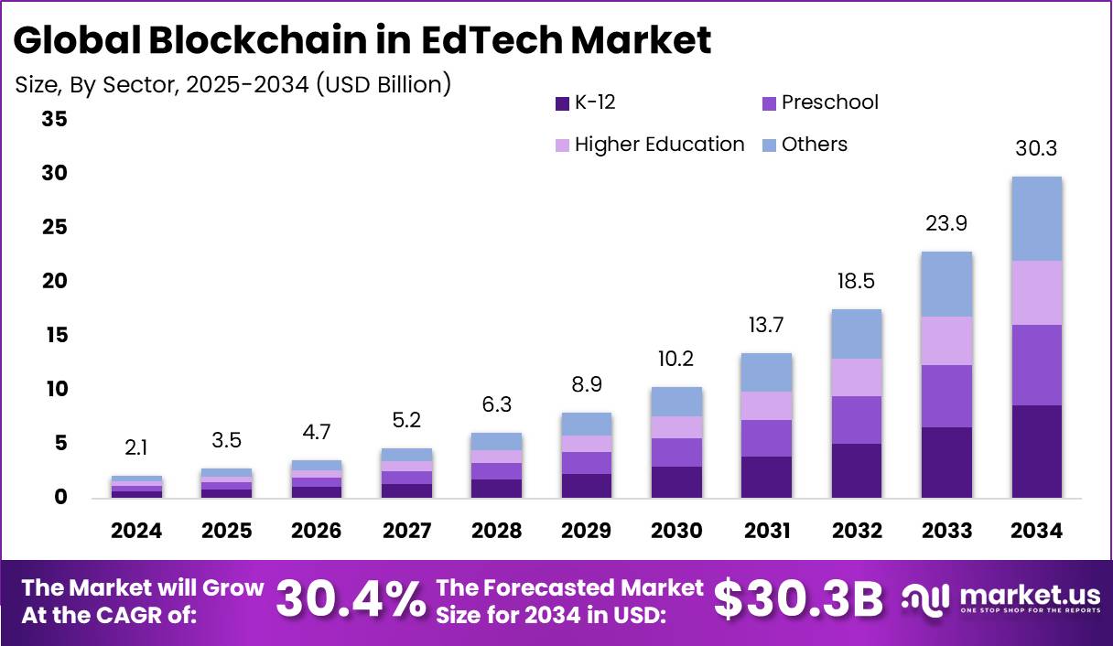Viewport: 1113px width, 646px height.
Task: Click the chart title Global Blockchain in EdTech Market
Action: (x=362, y=40)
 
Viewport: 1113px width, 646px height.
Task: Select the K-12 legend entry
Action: (x=586, y=102)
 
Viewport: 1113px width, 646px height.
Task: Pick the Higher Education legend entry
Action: (x=650, y=145)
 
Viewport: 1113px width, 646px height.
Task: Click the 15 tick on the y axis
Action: (x=55, y=335)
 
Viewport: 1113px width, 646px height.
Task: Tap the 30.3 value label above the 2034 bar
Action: (x=1036, y=148)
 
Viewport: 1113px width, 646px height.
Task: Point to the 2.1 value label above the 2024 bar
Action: (x=136, y=447)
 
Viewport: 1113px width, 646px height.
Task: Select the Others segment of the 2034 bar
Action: (x=1036, y=219)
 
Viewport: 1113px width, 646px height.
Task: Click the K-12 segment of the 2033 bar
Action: (x=947, y=462)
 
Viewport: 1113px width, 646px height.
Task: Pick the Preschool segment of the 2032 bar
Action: (x=857, y=420)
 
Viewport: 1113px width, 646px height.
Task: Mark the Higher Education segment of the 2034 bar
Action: (x=1036, y=293)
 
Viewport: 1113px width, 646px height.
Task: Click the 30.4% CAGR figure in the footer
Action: (x=351, y=599)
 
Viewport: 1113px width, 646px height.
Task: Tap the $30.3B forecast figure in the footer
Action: (x=798, y=599)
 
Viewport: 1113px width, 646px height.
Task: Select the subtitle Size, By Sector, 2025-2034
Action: (x=233, y=85)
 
